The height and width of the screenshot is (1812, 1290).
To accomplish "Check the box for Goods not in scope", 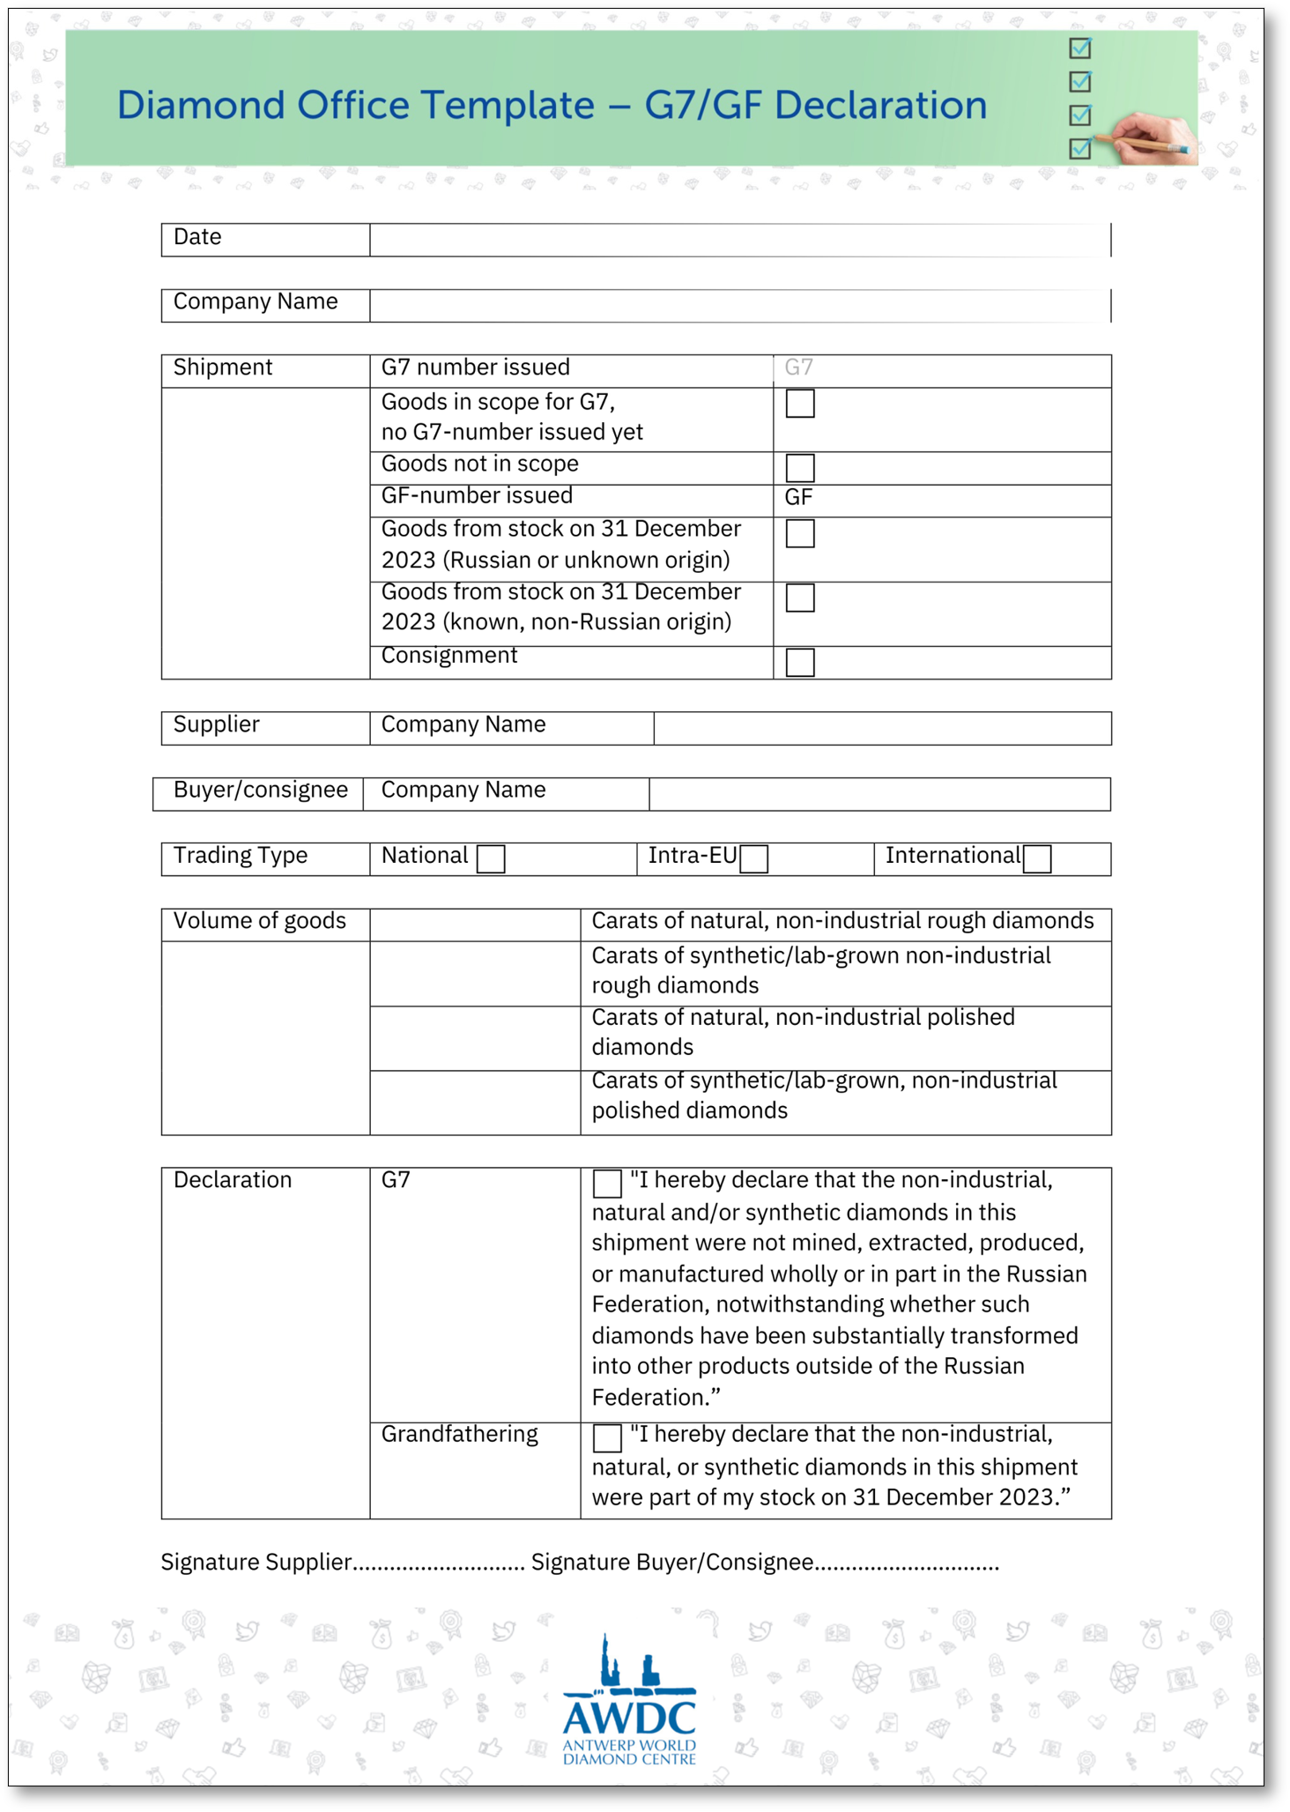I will (x=799, y=467).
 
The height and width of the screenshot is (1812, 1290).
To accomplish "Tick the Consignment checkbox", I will (x=799, y=662).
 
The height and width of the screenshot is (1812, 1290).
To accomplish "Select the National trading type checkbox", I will (x=490, y=858).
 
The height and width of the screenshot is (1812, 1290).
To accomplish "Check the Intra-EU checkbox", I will (x=753, y=858).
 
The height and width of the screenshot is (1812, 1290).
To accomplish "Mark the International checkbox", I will (x=1037, y=858).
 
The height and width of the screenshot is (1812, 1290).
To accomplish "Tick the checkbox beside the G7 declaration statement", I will (x=607, y=1184).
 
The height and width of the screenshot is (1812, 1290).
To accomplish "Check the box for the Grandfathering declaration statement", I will (x=607, y=1438).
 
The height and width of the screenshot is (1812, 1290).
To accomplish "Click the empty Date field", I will (x=740, y=240).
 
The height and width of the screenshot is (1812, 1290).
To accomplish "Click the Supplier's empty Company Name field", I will (x=882, y=728).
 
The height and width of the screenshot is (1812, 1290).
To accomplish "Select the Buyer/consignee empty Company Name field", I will (x=879, y=793).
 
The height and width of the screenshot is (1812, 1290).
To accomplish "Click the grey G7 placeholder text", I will (x=798, y=368).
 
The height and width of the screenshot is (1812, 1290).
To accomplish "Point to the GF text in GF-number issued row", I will (x=798, y=498).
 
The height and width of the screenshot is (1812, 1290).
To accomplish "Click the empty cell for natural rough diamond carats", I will (x=475, y=925).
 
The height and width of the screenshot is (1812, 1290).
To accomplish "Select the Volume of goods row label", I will (x=260, y=921).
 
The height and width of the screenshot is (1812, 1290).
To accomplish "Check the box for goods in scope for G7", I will (x=799, y=404).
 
